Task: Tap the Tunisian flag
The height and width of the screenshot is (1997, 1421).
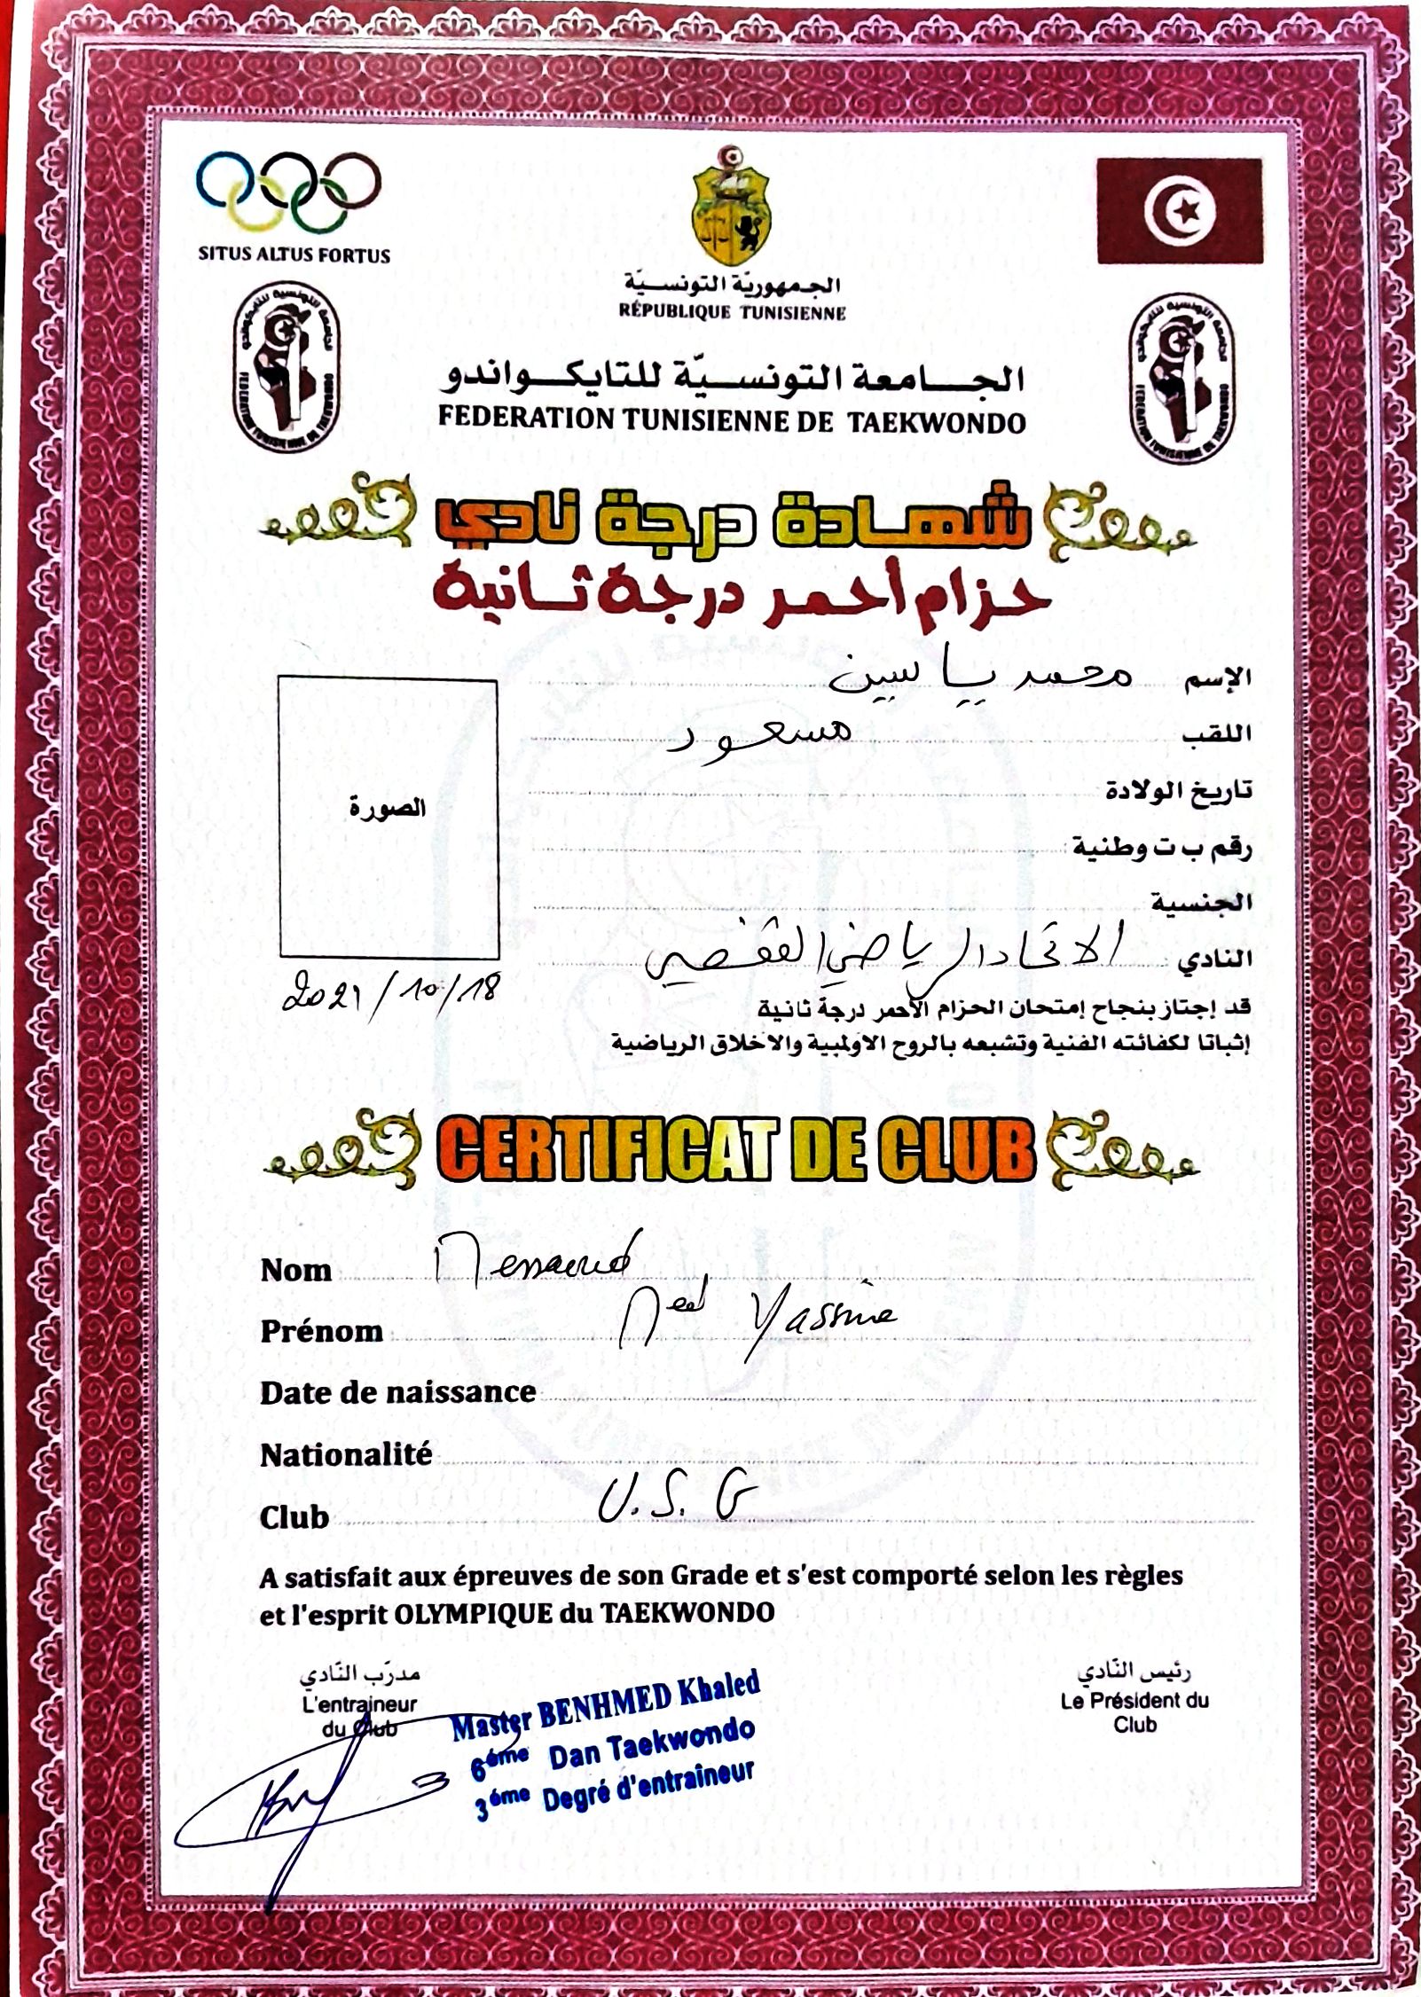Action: coord(1179,211)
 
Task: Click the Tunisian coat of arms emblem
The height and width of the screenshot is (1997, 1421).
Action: coord(732,208)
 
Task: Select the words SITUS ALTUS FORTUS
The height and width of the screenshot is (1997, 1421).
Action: coord(294,255)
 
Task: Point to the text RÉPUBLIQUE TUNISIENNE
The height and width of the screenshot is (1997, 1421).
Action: coord(732,312)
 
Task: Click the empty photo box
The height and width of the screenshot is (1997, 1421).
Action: coord(388,818)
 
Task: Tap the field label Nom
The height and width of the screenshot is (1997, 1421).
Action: coord(296,1271)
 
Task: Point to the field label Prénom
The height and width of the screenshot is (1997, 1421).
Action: coord(321,1331)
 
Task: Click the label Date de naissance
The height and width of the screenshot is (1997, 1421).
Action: coord(397,1392)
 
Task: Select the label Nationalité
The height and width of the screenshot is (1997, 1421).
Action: coord(346,1454)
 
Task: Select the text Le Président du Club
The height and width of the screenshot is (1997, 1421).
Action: coord(1134,1712)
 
